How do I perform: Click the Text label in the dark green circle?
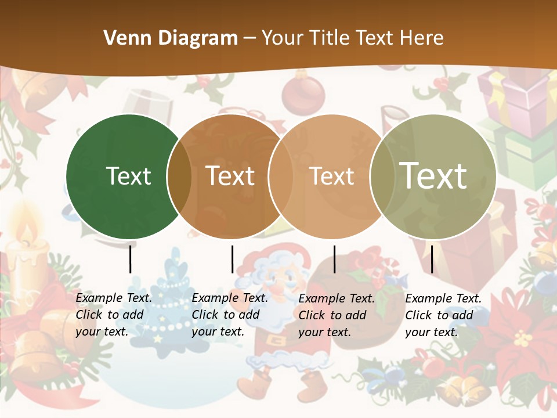pos(128,176)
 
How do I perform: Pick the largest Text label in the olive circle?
pos(433,175)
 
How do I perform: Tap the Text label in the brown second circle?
pos(230,176)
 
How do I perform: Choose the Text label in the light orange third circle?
pos(332,176)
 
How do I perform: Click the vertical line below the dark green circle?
pos(131,259)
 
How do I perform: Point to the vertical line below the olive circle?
pos(432,259)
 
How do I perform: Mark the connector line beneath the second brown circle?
pos(232,259)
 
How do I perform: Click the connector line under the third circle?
pos(335,259)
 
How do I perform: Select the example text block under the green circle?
pos(114,315)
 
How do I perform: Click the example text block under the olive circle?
pos(443,315)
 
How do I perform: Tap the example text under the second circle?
pos(230,315)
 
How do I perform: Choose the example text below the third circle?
pos(336,315)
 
